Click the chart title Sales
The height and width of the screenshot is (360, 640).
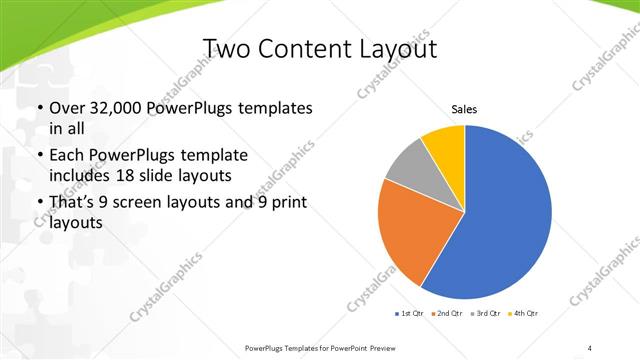[464, 109]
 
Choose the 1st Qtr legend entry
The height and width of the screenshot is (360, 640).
[409, 314]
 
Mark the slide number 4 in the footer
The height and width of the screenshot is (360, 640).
[590, 347]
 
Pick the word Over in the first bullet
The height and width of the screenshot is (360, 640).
[67, 108]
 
